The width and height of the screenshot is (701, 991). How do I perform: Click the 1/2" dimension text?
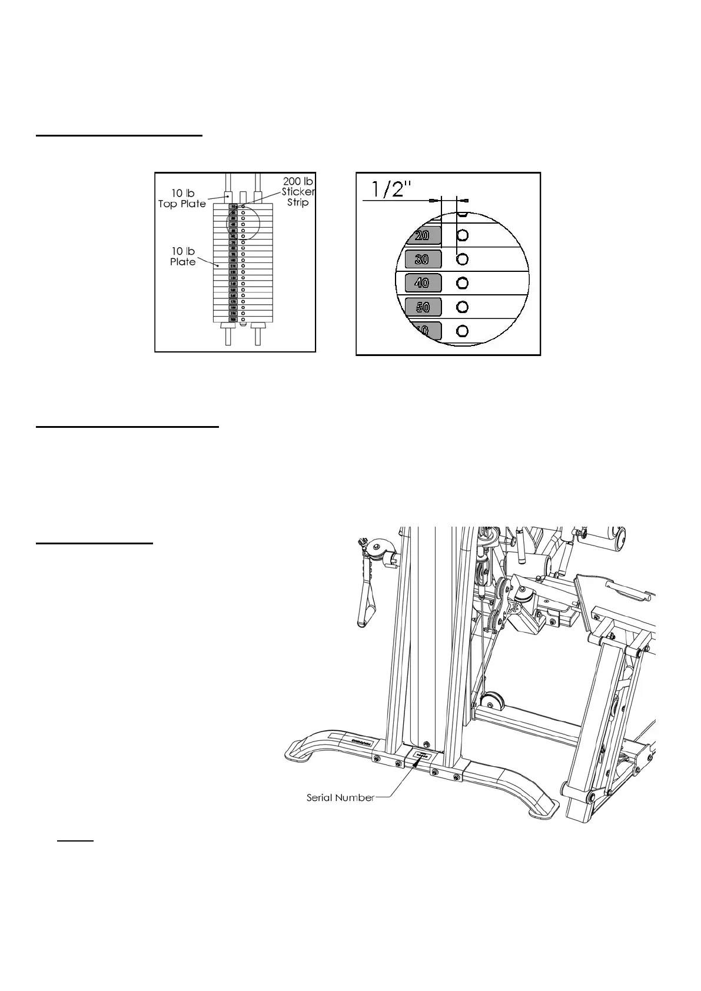391,189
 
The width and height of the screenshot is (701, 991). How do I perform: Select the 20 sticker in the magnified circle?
423,235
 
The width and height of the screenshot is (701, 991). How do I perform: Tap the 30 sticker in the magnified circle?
423,259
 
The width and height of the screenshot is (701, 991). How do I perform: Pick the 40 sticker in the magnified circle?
423,283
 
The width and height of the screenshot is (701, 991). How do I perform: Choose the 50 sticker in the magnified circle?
423,307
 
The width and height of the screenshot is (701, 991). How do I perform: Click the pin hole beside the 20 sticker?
463,235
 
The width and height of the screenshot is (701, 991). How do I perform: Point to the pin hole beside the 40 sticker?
463,283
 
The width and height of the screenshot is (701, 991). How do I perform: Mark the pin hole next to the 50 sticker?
463,307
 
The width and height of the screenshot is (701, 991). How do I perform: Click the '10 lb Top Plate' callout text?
182,198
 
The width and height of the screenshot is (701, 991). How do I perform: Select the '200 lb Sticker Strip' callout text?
297,191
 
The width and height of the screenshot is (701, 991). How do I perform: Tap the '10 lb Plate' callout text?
182,257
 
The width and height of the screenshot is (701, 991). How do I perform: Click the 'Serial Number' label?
340,798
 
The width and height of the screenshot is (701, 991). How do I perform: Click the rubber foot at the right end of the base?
541,812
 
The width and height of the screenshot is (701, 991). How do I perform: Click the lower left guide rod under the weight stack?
228,337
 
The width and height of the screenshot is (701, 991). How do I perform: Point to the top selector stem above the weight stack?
242,195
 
